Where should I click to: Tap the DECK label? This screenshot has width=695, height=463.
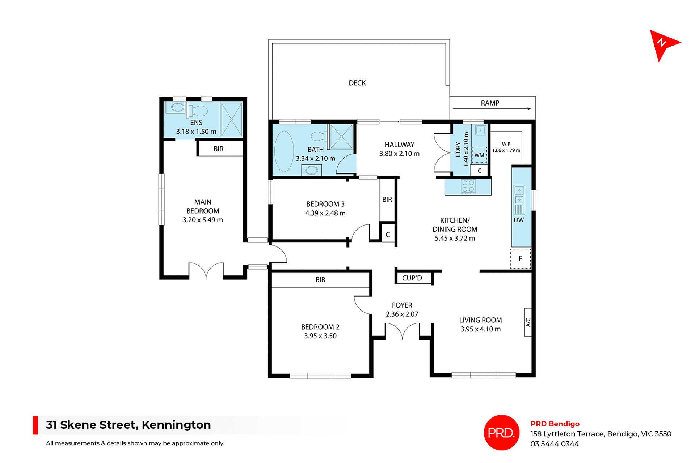tap(357, 83)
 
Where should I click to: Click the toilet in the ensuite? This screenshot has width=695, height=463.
tap(198, 111)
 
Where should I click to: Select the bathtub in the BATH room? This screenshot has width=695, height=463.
tap(284, 151)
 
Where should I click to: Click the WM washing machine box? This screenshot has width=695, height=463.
tap(479, 155)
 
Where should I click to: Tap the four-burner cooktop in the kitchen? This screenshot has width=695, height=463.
tap(468, 186)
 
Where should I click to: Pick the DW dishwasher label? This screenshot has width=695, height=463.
tap(518, 220)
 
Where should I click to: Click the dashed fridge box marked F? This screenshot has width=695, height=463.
tap(520, 258)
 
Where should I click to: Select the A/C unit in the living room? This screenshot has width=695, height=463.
tap(528, 322)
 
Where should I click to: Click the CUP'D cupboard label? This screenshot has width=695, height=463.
tap(412, 278)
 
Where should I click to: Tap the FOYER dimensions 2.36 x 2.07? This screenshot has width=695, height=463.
tap(402, 314)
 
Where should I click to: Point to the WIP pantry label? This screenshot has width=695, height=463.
tap(506, 144)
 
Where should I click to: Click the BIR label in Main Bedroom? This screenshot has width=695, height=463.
tap(218, 149)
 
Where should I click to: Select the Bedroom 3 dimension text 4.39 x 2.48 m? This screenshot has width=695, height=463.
tap(325, 213)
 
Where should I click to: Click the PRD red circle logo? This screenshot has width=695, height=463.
tap(501, 432)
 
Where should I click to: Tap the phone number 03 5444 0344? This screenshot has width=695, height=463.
tap(555, 444)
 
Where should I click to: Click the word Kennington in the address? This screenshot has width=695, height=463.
tap(176, 425)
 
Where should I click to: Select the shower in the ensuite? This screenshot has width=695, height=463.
tap(231, 119)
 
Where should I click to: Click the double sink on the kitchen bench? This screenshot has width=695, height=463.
tap(519, 194)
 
